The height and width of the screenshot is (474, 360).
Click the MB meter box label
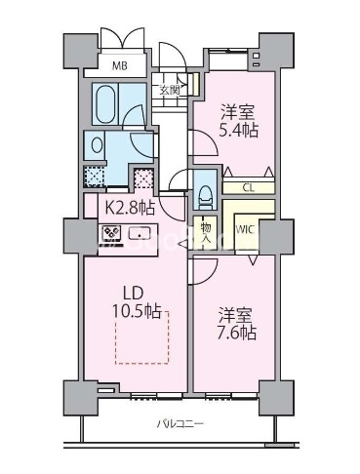pos(119,66)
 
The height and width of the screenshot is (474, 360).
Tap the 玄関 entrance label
pos(170,90)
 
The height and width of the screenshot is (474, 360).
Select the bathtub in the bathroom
pos(105,104)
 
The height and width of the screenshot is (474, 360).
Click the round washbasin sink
pos(97,145)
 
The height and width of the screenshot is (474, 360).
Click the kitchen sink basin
pos(140,233)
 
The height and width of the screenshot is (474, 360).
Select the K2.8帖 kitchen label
pos(129,207)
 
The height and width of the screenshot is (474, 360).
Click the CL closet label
pos(249,188)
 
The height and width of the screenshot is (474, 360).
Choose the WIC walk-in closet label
pos(245,229)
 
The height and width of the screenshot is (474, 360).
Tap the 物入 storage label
pos(205,232)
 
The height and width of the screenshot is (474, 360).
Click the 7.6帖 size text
pos(238,333)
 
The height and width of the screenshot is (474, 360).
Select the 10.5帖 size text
pos(137,312)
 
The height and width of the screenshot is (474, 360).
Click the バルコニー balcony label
pos(180,424)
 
